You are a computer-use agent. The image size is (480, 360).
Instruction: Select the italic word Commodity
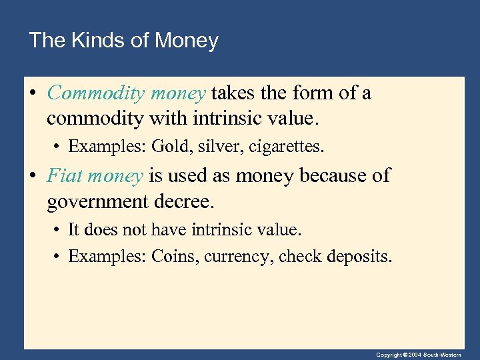point(94,93)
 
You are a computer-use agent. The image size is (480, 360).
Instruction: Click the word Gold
point(169,145)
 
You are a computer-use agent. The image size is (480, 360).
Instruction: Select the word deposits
point(359,257)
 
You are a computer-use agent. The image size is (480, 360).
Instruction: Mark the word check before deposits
point(299,256)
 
